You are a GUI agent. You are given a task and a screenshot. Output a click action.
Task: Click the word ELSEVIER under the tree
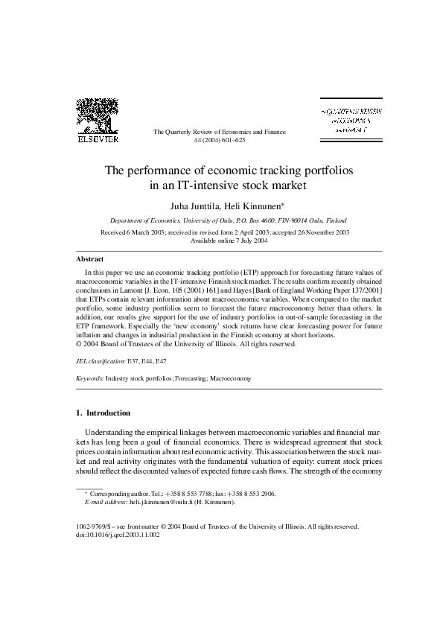click(99, 139)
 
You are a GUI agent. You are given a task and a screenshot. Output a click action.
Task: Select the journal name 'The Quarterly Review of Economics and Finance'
click(219, 132)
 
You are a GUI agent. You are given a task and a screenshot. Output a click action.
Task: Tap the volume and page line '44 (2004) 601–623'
click(219, 140)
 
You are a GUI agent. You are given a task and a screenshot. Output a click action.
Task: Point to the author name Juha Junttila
click(191, 205)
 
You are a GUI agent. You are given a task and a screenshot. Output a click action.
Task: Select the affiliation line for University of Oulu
click(223, 221)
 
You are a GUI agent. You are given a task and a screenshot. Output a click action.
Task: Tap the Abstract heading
click(90, 259)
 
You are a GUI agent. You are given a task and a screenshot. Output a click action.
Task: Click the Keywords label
click(91, 378)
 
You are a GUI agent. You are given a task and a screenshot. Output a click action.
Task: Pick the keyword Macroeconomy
click(230, 378)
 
